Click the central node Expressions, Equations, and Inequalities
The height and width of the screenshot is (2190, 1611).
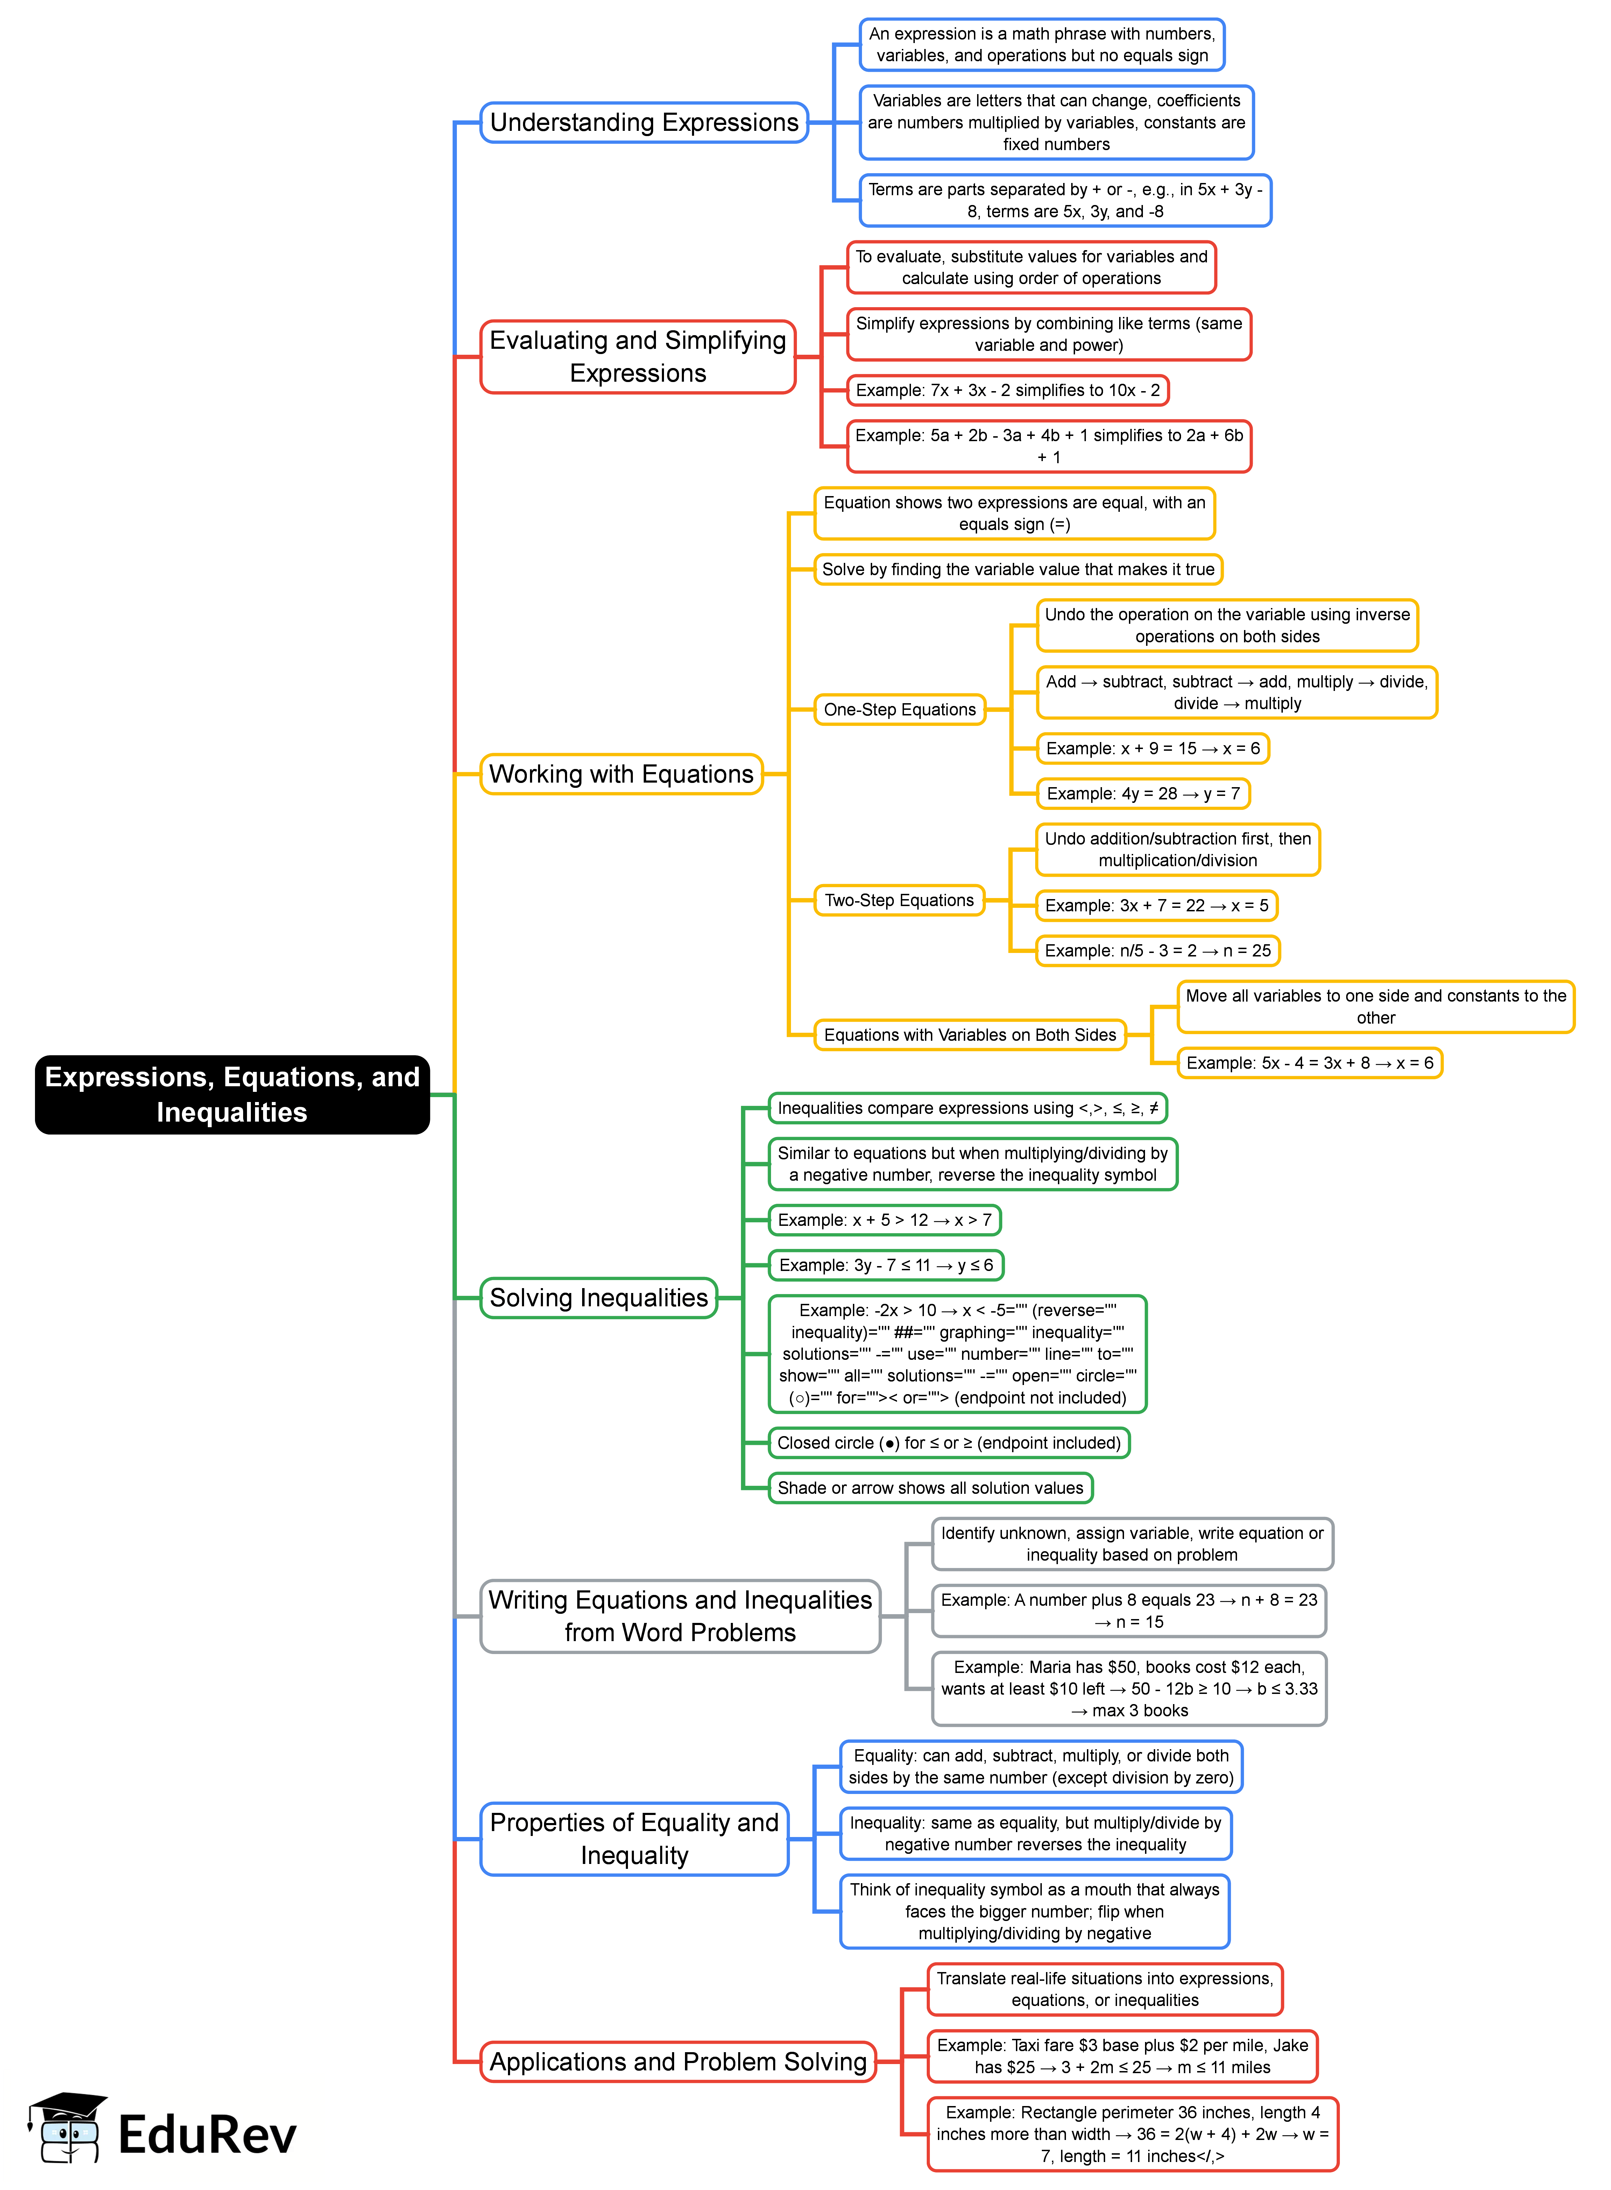(x=232, y=1094)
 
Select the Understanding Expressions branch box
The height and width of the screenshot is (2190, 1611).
(x=644, y=123)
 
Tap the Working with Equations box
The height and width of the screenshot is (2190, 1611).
(x=621, y=774)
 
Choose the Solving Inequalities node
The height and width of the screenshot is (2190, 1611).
(x=599, y=1298)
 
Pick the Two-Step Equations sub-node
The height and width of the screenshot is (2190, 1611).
(x=899, y=900)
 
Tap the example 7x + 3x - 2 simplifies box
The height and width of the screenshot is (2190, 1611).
(x=1008, y=390)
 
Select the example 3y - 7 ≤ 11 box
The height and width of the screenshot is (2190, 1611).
(x=885, y=1265)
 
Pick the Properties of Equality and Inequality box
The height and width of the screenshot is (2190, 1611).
(x=634, y=1839)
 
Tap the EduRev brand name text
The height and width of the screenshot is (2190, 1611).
(x=207, y=2134)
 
